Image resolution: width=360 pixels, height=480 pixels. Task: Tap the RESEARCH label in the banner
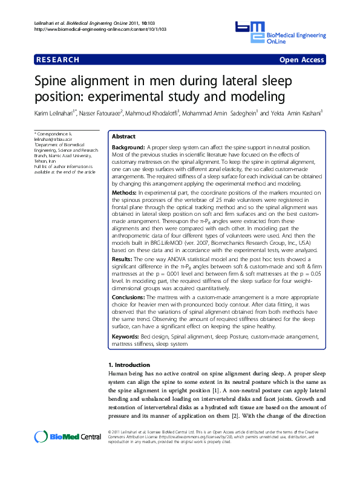(x=58, y=60)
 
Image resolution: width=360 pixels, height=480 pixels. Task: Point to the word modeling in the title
(x=250, y=96)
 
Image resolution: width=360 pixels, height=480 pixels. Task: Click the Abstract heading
(x=123, y=137)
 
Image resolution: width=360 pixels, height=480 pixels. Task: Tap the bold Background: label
(x=128, y=148)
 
